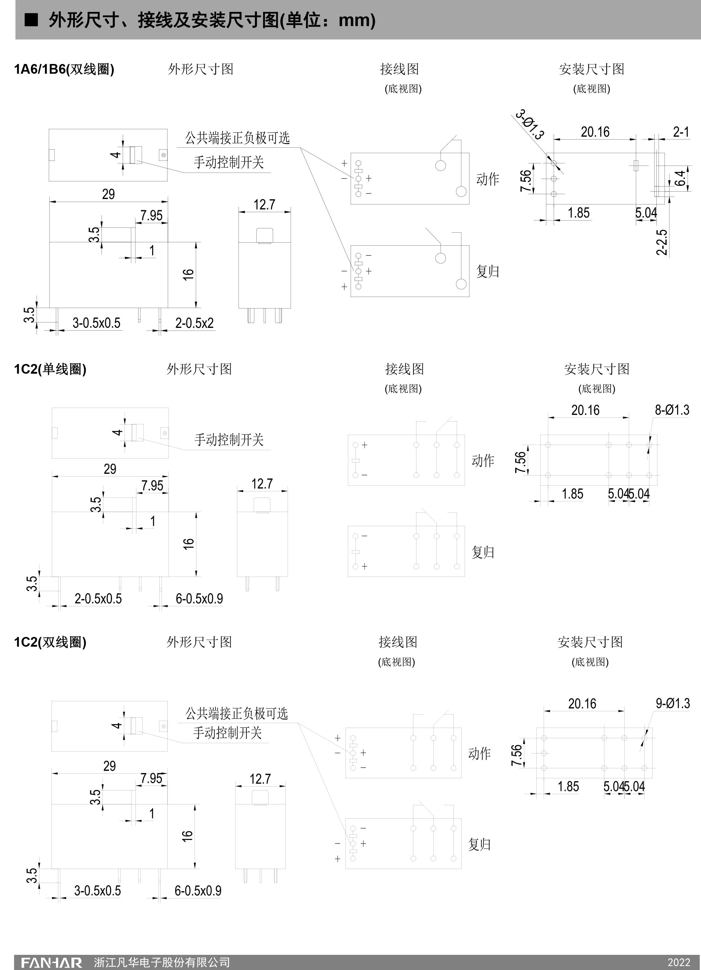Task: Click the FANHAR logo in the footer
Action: tap(51, 962)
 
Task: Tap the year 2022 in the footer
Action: tap(679, 962)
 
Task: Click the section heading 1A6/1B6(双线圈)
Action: tap(64, 69)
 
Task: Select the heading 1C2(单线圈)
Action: tap(50, 369)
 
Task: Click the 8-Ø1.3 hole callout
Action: tap(672, 410)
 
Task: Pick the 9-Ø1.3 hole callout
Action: tap(673, 704)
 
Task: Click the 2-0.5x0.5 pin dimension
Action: tap(98, 599)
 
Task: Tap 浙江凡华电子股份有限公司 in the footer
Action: tap(162, 962)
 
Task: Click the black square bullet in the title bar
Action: tap(31, 20)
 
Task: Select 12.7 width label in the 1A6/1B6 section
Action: tap(264, 204)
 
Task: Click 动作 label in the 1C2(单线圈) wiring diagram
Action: tap(482, 461)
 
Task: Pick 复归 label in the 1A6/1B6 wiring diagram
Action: tap(488, 271)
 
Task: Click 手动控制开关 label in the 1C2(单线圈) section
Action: tap(229, 440)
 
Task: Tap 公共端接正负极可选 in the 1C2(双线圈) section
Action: tap(236, 713)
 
